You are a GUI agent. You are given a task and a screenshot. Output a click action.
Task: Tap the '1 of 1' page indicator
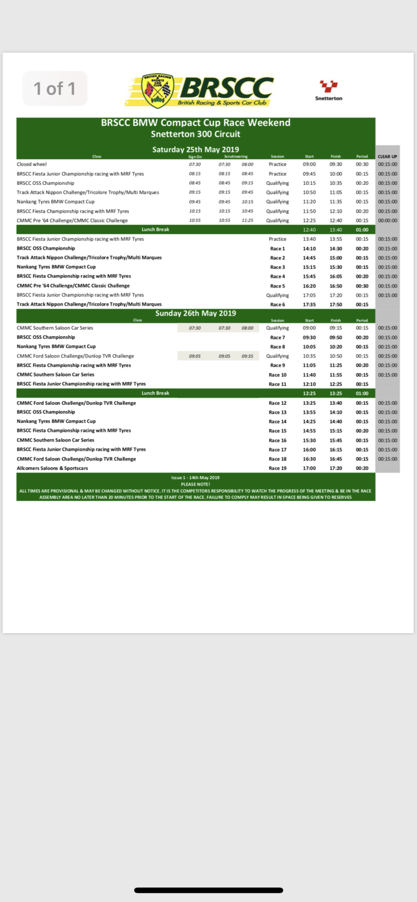(x=55, y=89)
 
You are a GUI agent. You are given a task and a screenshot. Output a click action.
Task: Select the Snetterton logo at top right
(x=328, y=90)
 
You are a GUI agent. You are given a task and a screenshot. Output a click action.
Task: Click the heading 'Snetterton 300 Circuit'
(x=196, y=134)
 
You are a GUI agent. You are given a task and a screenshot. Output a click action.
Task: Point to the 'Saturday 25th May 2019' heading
(x=196, y=149)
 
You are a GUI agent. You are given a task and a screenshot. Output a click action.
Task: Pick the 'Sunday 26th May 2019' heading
(x=196, y=313)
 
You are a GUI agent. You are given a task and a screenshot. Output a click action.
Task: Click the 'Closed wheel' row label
(x=32, y=165)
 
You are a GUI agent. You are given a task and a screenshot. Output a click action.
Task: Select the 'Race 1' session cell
(x=278, y=249)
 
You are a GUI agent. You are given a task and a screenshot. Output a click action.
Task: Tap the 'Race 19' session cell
(x=278, y=468)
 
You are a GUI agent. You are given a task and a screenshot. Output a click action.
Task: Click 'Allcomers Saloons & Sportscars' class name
(x=52, y=468)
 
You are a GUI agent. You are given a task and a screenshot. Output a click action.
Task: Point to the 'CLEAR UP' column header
(x=388, y=156)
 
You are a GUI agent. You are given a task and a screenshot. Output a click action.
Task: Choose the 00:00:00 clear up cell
(x=388, y=220)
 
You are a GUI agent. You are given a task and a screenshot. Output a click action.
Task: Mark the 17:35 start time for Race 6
(x=309, y=305)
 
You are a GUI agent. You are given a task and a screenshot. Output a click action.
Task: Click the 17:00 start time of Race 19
(x=309, y=468)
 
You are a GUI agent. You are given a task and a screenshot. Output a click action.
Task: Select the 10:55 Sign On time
(x=195, y=220)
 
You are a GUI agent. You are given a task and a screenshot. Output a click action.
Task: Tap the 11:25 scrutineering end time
(x=247, y=220)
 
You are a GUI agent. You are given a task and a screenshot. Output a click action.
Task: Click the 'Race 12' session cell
(x=278, y=403)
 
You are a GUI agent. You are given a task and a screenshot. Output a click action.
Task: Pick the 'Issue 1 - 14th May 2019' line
(x=195, y=477)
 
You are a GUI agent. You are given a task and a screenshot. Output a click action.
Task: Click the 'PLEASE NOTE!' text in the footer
(x=195, y=484)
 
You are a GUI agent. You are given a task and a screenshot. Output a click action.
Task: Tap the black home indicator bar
(x=208, y=891)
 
